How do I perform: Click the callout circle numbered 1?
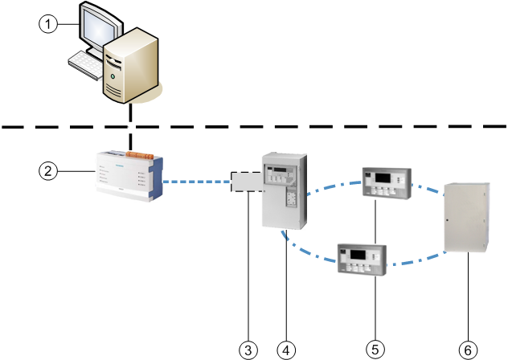tap(49, 25)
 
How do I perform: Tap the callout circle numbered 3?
tap(248, 349)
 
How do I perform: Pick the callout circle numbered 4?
tap(286, 349)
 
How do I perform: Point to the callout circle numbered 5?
tap(375, 349)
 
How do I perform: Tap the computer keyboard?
tap(85, 63)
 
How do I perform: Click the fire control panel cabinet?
tap(284, 189)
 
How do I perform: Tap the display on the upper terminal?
tap(383, 177)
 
